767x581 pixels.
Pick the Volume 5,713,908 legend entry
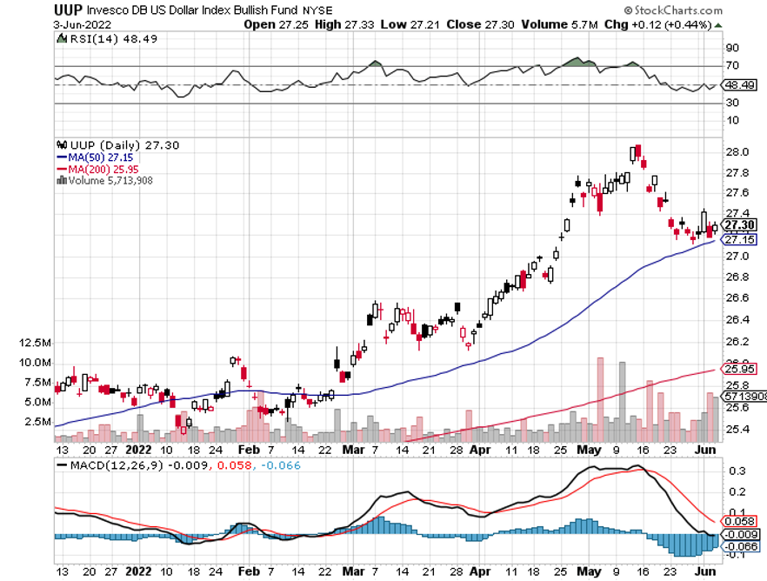109,180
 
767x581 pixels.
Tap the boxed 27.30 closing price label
737,224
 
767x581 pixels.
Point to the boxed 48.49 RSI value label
737,85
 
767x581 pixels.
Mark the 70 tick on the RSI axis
732,66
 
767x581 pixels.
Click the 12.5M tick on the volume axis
34,344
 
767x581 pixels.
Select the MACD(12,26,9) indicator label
108,465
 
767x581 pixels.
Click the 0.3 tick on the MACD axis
735,471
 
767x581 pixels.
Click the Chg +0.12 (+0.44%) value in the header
672,24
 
